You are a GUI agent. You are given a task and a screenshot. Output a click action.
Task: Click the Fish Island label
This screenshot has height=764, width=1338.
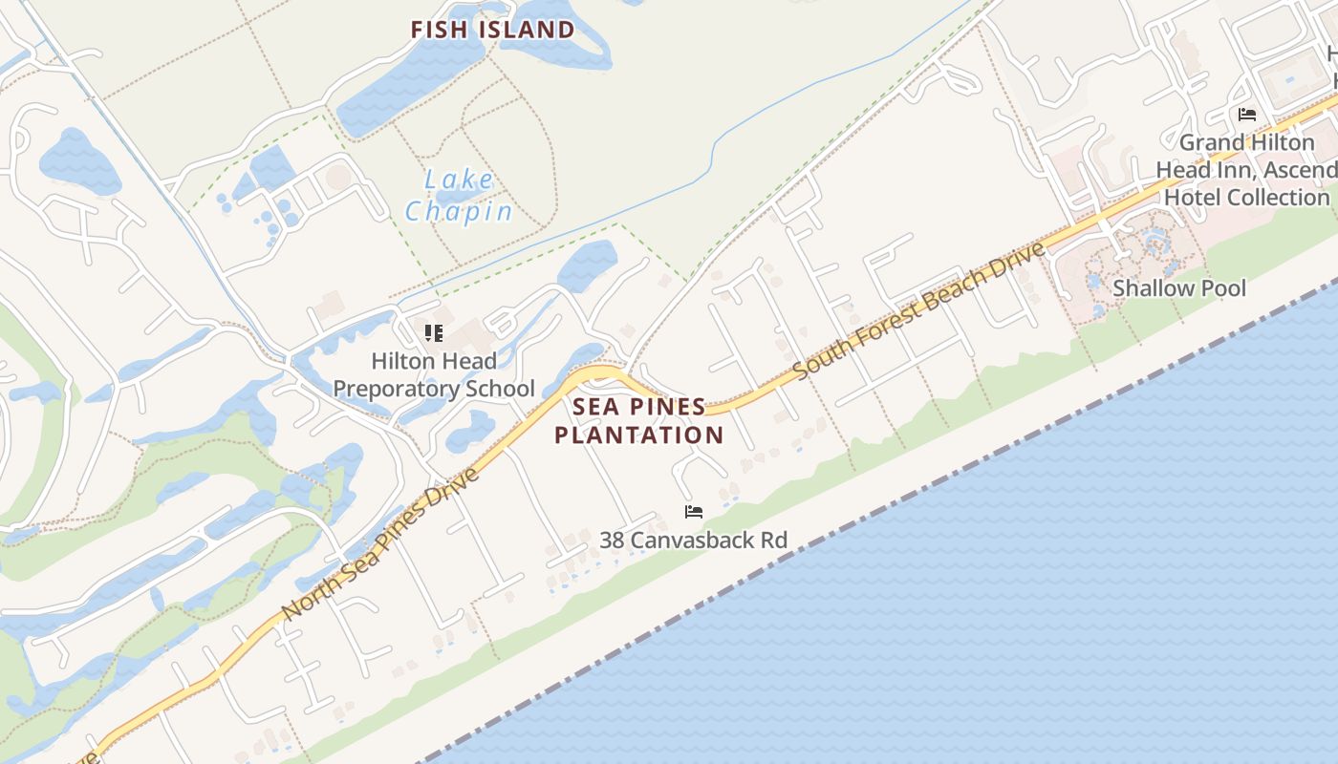[492, 30]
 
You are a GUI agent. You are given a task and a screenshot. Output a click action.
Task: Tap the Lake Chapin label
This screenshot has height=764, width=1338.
[459, 195]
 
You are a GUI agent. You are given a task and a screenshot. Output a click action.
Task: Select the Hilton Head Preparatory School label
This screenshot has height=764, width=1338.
[434, 375]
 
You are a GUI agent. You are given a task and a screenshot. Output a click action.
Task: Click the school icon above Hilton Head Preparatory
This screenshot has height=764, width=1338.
[434, 333]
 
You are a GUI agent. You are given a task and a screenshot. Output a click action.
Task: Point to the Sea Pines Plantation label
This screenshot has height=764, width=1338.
[638, 421]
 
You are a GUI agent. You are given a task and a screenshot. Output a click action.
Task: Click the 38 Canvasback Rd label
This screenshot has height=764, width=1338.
[693, 541]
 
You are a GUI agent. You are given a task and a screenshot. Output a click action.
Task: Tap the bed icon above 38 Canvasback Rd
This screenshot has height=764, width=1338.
[694, 512]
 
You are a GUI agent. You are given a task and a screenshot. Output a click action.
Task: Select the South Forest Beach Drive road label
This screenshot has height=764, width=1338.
[919, 308]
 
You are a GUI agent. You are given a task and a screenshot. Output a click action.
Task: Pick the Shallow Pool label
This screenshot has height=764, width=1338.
[1179, 288]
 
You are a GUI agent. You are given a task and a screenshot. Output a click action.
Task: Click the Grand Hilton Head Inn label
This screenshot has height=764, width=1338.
[1245, 170]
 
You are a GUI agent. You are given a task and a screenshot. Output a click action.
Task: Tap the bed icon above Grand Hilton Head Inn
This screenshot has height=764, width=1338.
[1246, 115]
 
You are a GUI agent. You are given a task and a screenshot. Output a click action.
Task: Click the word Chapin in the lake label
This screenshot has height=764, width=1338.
[459, 211]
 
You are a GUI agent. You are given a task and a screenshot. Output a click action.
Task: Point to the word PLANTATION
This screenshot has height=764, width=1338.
[638, 435]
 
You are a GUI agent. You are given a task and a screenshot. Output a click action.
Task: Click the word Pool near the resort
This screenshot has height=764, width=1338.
[1223, 288]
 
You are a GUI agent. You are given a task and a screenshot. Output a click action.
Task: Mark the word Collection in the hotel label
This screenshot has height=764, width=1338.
[1278, 198]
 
